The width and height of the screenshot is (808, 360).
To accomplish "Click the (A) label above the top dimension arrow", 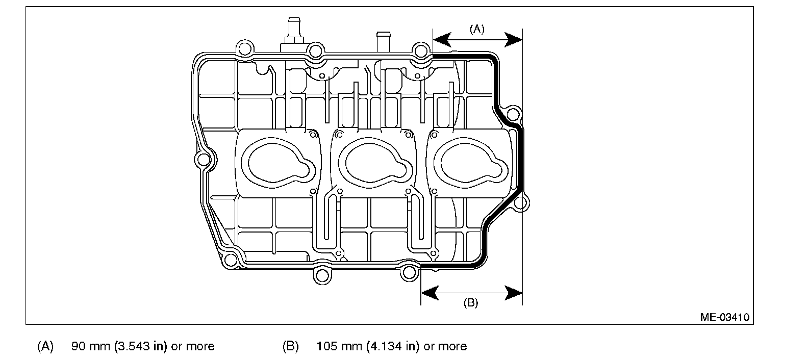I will coord(477,30).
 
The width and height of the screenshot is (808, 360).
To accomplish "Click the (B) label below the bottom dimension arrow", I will coord(470,303).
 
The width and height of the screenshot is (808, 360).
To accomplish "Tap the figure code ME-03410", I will coord(725,317).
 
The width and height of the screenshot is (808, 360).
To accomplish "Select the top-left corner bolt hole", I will coord(244,49).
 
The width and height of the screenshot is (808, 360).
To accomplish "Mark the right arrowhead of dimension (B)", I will coord(515,293).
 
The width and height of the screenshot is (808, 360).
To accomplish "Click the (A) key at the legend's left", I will coord(45,347).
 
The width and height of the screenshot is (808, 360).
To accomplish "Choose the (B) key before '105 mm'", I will coord(290,347).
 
